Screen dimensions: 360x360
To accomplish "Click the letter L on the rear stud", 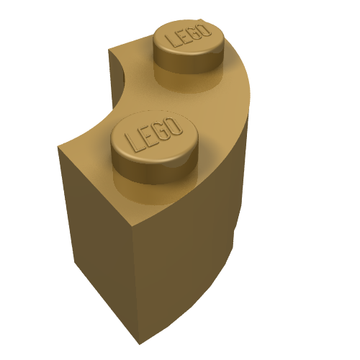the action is click(173, 41).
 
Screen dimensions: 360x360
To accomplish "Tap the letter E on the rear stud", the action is click(183, 36).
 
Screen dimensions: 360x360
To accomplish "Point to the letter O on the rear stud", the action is click(205, 30).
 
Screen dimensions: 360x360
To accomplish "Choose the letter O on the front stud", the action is click(175, 127).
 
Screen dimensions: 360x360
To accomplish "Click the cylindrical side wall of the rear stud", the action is click(189, 62).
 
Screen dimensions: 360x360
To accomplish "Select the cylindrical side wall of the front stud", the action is click(154, 172).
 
